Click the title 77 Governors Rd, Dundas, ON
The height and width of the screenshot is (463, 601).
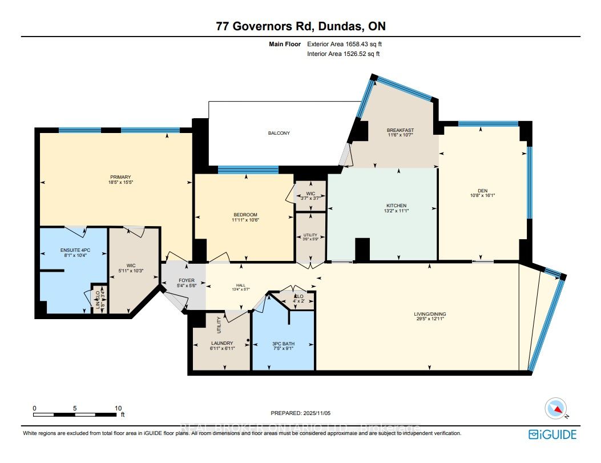[x=300, y=26]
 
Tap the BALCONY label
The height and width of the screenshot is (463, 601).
[x=279, y=133]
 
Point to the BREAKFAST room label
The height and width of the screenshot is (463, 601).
[x=400, y=130]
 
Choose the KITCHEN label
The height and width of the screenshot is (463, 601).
[x=396, y=206]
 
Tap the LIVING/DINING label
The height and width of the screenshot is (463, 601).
[x=430, y=313]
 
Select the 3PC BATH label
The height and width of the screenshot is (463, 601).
[x=283, y=343]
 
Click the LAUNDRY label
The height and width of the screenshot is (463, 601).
[x=221, y=343]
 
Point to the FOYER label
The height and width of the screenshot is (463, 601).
[x=183, y=280]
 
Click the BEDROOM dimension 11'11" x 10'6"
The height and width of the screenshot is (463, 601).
[x=244, y=220]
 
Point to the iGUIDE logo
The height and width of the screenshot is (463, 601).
[x=552, y=434]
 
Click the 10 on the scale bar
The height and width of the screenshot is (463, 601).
[x=118, y=409]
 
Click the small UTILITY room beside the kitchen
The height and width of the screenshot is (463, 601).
[x=310, y=237]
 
